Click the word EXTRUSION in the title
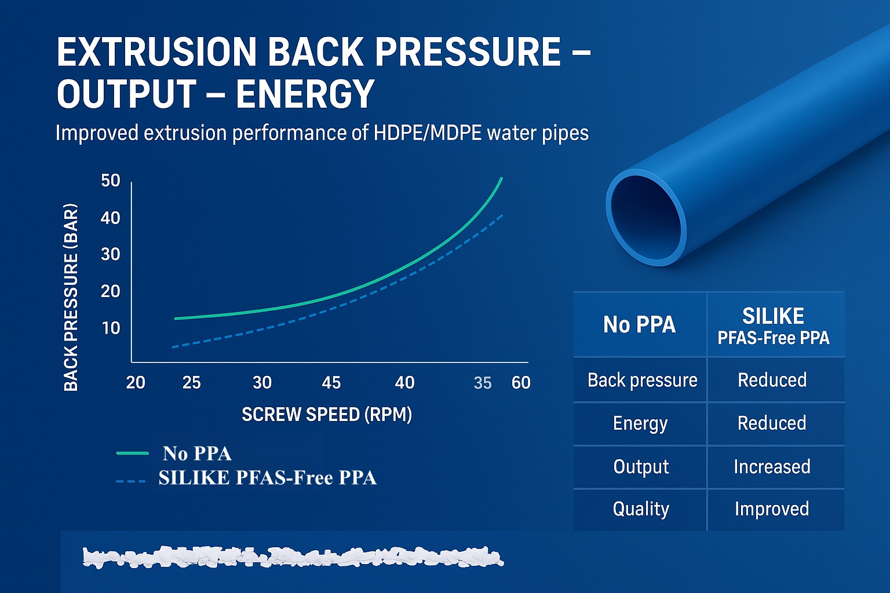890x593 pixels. click(156, 52)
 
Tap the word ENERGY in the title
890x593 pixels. click(305, 94)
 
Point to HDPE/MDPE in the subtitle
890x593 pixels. click(427, 133)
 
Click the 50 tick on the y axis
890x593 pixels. click(111, 181)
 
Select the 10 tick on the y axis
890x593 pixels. click(111, 328)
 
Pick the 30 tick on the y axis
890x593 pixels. click(111, 254)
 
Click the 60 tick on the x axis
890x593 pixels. click(521, 383)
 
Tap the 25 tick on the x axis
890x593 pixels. click(191, 383)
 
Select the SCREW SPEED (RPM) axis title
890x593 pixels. click(326, 415)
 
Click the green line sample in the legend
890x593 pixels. click(133, 453)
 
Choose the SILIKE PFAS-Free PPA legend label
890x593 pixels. click(267, 478)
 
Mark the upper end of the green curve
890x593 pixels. click(501, 179)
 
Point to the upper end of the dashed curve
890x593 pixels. click(502, 215)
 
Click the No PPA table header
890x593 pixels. click(639, 324)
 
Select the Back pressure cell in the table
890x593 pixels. click(642, 380)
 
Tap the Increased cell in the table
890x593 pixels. click(772, 467)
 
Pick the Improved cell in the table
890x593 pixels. click(772, 509)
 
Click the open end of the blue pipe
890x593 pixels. click(647, 217)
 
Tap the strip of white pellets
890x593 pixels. click(293, 557)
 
